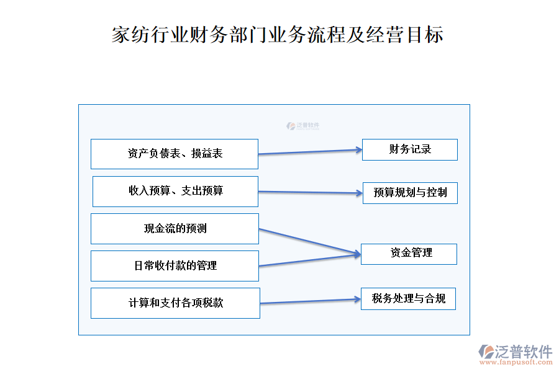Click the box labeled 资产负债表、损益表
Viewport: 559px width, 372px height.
[175, 154]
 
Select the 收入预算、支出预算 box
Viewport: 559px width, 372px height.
[175, 191]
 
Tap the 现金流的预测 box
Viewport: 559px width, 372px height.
[175, 229]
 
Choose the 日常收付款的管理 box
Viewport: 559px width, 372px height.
[175, 266]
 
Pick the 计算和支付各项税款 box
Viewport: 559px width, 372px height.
[175, 303]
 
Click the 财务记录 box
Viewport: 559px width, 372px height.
[410, 149]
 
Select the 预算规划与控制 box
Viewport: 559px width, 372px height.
[410, 193]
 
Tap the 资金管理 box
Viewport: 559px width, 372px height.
[409, 254]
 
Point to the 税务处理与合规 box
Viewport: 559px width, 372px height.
[409, 299]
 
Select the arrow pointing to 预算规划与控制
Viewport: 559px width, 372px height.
[311, 192]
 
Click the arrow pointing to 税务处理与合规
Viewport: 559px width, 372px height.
[311, 301]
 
